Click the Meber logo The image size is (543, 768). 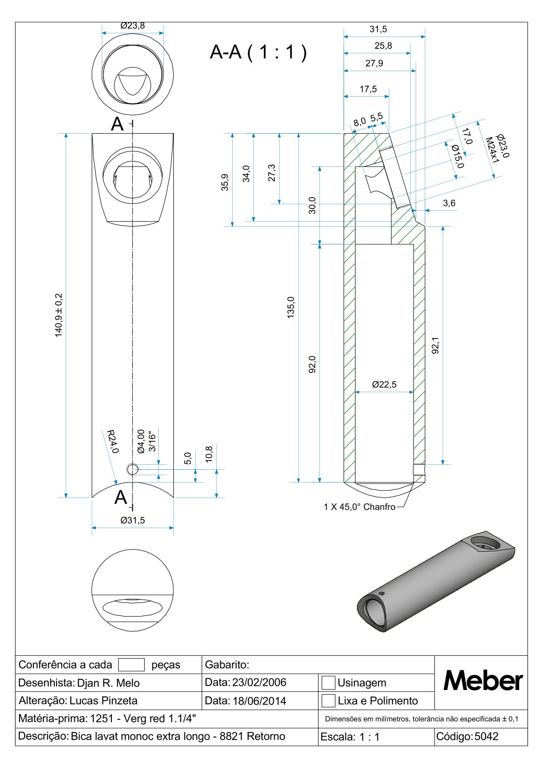483,680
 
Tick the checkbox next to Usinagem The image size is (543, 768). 328,682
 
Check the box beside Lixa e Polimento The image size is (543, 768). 328,701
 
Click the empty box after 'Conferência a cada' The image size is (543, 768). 131,664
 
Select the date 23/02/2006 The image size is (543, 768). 259,682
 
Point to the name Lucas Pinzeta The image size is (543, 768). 103,701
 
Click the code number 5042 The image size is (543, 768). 486,736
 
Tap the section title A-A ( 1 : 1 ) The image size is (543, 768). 258,52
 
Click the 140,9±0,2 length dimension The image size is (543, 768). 59,315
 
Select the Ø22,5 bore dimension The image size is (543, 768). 384,384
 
